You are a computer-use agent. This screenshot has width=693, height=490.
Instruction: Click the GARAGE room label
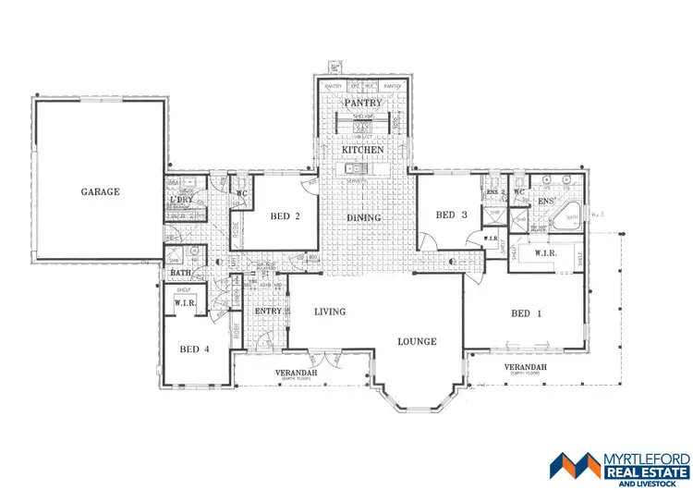[101, 191]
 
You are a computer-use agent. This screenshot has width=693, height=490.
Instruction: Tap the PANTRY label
[363, 104]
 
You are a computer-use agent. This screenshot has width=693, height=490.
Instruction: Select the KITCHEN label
[362, 149]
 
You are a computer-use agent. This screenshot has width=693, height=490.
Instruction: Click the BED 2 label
[286, 216]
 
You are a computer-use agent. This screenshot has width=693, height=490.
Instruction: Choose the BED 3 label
[451, 215]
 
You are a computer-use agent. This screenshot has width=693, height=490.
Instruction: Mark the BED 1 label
[526, 313]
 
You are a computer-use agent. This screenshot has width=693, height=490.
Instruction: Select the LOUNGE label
[417, 341]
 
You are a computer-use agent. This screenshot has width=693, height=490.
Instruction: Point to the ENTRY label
[269, 312]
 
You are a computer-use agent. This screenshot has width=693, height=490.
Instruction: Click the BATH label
[179, 274]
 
